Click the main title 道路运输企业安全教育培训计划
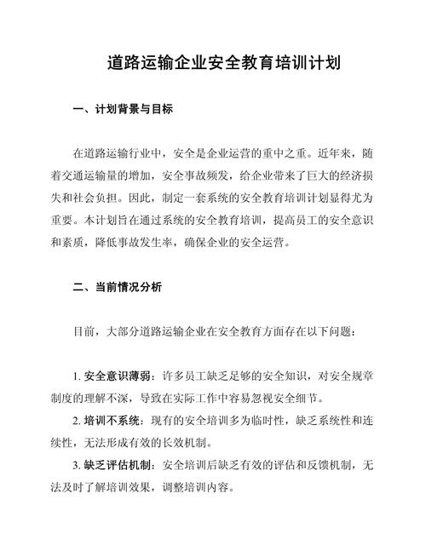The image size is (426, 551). [213, 63]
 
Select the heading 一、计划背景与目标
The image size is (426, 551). [124, 109]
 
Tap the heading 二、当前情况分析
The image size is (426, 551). [124, 288]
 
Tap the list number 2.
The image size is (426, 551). [77, 421]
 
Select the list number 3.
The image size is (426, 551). [77, 466]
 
